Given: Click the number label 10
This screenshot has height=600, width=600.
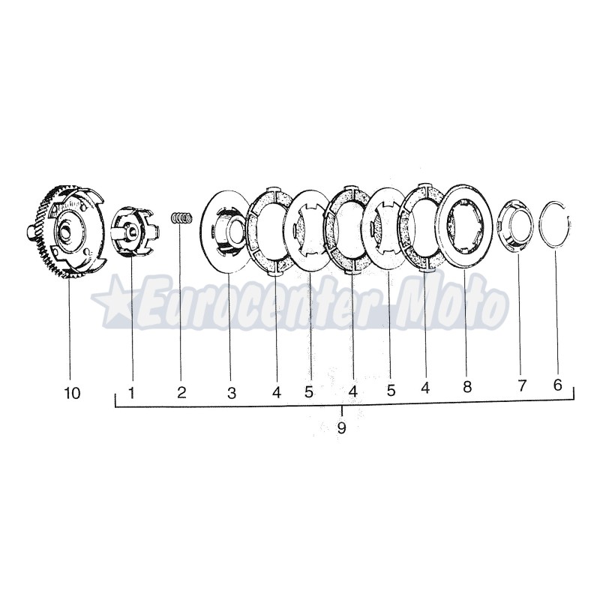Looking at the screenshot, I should (x=73, y=392).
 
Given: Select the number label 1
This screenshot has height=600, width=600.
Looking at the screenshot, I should (x=131, y=392).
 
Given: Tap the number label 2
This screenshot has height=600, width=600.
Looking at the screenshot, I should (x=181, y=392).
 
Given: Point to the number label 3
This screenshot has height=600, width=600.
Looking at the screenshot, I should (x=232, y=392).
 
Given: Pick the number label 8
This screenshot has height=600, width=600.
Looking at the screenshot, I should (x=466, y=387).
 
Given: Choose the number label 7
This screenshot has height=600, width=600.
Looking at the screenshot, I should (x=522, y=385).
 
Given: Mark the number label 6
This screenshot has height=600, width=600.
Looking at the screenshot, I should (x=557, y=385).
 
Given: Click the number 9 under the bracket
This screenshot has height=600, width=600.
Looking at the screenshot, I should (x=342, y=428).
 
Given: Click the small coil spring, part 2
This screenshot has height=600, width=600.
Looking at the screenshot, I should (x=181, y=217).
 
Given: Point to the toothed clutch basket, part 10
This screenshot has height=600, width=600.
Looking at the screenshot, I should (x=67, y=232).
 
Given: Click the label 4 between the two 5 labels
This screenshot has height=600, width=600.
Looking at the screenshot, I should (x=352, y=391).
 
